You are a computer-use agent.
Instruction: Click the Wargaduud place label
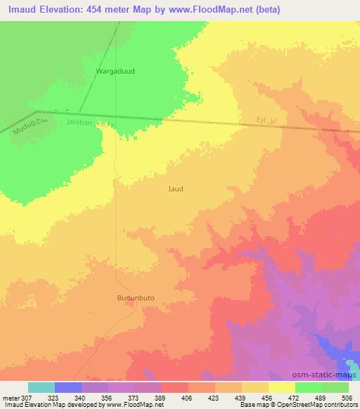[x=115, y=71]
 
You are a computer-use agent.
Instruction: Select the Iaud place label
[x=176, y=188]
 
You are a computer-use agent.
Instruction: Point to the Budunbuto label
[x=135, y=297]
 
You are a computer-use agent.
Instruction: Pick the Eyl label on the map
[x=263, y=122]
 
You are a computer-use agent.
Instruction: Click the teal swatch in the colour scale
[x=41, y=387]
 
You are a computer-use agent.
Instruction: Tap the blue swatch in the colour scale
[x=68, y=387]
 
